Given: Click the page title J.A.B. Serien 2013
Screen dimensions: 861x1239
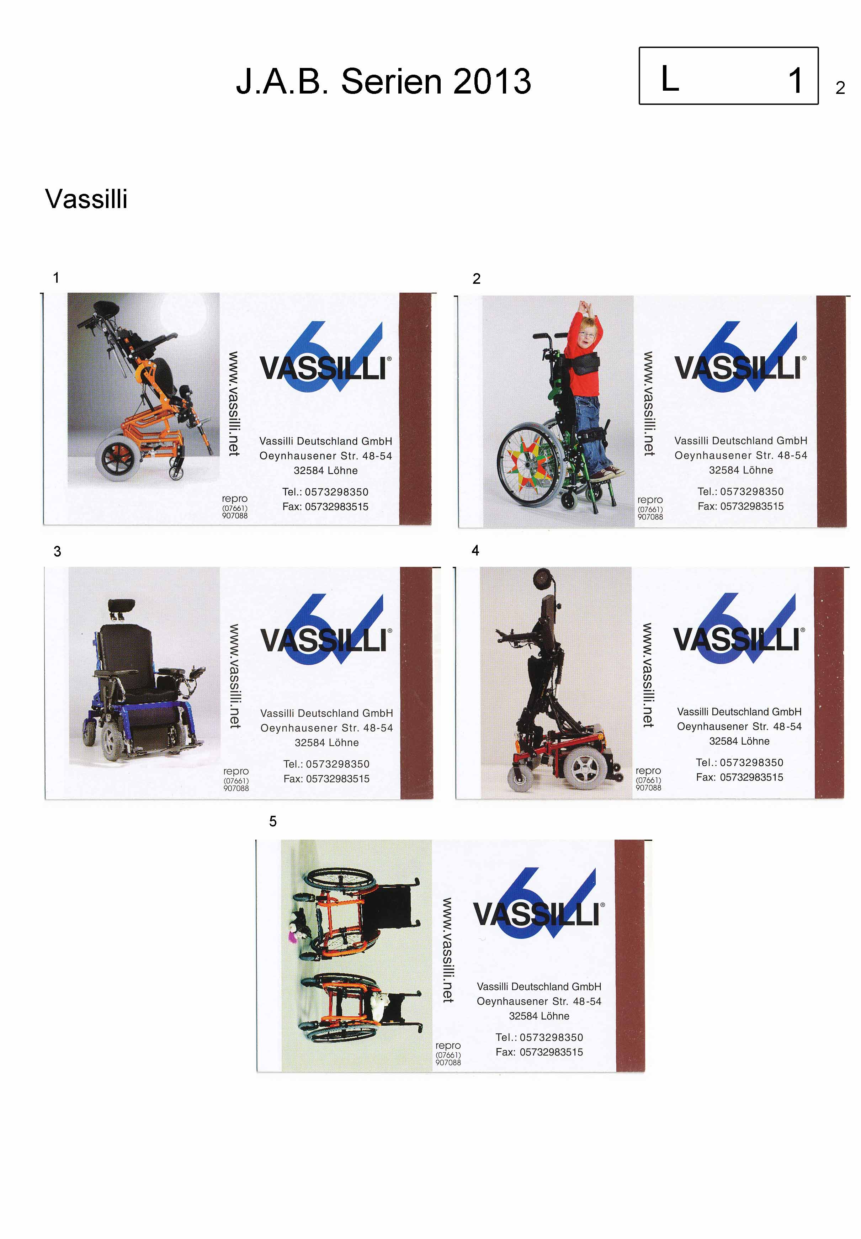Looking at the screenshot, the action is pyautogui.click(x=384, y=81).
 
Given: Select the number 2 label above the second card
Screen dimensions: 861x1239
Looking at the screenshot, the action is pyautogui.click(x=476, y=278).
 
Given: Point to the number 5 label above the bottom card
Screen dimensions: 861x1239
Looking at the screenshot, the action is pyautogui.click(x=273, y=821).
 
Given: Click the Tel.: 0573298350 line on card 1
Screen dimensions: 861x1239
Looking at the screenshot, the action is pyautogui.click(x=325, y=492).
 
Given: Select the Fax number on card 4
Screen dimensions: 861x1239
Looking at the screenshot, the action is pyautogui.click(x=740, y=777).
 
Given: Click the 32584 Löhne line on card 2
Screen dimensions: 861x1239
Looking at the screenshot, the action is pyautogui.click(x=741, y=470).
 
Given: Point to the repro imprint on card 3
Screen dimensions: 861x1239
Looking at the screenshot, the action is pyautogui.click(x=236, y=779).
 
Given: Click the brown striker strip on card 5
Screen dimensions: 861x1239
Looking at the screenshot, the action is pyautogui.click(x=629, y=955).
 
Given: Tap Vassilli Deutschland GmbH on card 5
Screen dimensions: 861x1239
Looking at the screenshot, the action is pyautogui.click(x=539, y=986).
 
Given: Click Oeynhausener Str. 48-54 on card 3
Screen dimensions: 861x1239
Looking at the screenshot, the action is pyautogui.click(x=327, y=728).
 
